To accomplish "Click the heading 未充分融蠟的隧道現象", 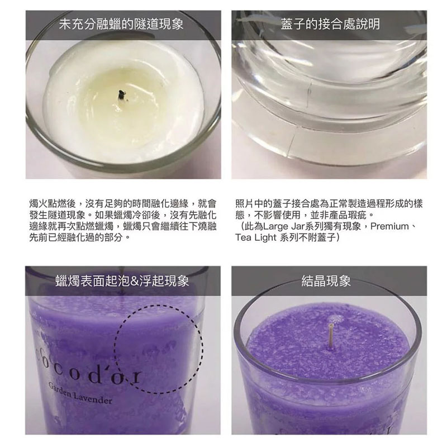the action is pyautogui.click(x=121, y=24).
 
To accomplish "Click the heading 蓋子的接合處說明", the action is pyautogui.click(x=330, y=24).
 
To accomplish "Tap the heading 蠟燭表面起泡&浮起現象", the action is pyautogui.click(x=122, y=281).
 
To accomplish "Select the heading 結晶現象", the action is pyautogui.click(x=326, y=281).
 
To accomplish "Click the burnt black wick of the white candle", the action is pyautogui.click(x=122, y=95).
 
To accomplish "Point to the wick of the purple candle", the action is pyautogui.click(x=330, y=336).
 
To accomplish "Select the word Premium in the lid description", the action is pyautogui.click(x=389, y=226).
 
